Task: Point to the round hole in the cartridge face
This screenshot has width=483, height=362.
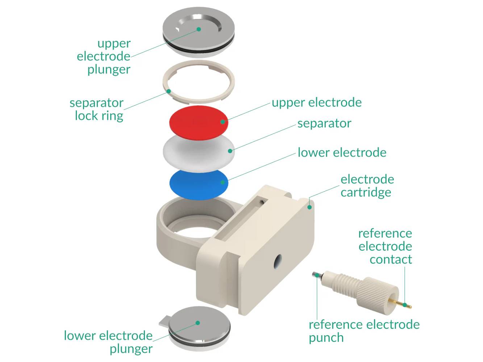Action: click(x=278, y=261)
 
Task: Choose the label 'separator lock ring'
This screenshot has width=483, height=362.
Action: click(x=97, y=109)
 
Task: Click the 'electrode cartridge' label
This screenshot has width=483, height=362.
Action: click(x=367, y=186)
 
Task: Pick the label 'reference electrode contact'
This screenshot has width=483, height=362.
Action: click(x=385, y=246)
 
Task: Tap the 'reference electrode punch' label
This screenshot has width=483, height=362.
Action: click(x=363, y=331)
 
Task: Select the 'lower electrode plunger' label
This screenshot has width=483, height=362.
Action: click(x=109, y=342)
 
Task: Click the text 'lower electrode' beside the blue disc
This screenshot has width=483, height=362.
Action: click(x=342, y=152)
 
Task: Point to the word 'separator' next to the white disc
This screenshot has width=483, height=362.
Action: click(x=324, y=123)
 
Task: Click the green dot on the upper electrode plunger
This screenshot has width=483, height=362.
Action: click(x=199, y=29)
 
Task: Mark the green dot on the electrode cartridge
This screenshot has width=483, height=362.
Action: click(x=309, y=207)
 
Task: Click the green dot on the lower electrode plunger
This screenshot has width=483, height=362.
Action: click(x=197, y=323)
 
